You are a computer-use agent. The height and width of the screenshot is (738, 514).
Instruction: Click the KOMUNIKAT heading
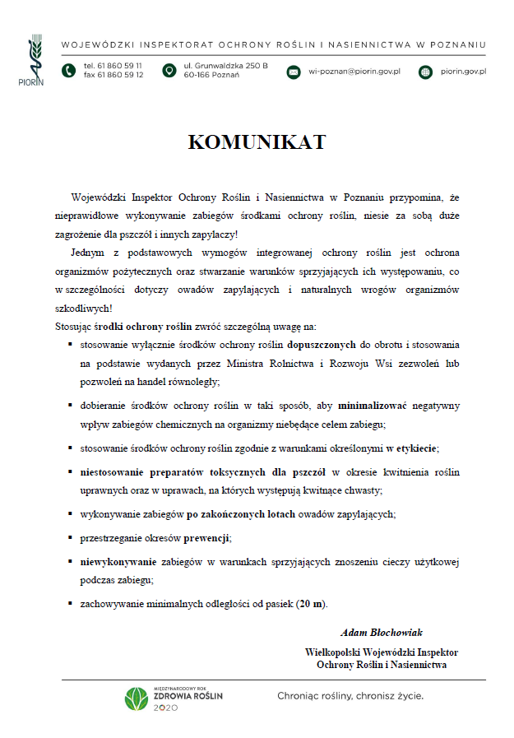click(257, 142)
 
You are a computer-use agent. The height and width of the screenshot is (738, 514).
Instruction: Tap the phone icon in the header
click(67, 71)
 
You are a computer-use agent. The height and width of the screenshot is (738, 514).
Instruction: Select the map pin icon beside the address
click(169, 71)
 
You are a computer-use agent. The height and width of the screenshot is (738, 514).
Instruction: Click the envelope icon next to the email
click(294, 72)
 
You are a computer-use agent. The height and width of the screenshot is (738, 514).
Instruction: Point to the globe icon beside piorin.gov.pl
click(425, 72)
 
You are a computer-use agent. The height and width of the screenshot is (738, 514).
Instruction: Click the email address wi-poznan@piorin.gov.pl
click(354, 72)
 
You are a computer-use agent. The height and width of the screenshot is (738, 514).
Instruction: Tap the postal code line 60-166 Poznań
click(211, 75)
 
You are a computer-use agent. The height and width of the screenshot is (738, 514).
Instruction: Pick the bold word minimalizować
click(373, 406)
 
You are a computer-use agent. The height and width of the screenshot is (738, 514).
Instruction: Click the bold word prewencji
click(206, 537)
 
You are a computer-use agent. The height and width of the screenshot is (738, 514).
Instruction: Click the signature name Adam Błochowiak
click(382, 632)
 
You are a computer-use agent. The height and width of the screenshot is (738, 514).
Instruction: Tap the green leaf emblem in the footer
click(136, 699)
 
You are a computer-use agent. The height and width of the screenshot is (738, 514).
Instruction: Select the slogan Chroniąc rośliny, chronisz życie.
click(350, 696)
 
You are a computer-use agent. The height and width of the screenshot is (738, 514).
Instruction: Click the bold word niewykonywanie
click(118, 562)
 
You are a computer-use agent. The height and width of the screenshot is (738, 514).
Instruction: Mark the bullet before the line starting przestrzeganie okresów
click(71, 537)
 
